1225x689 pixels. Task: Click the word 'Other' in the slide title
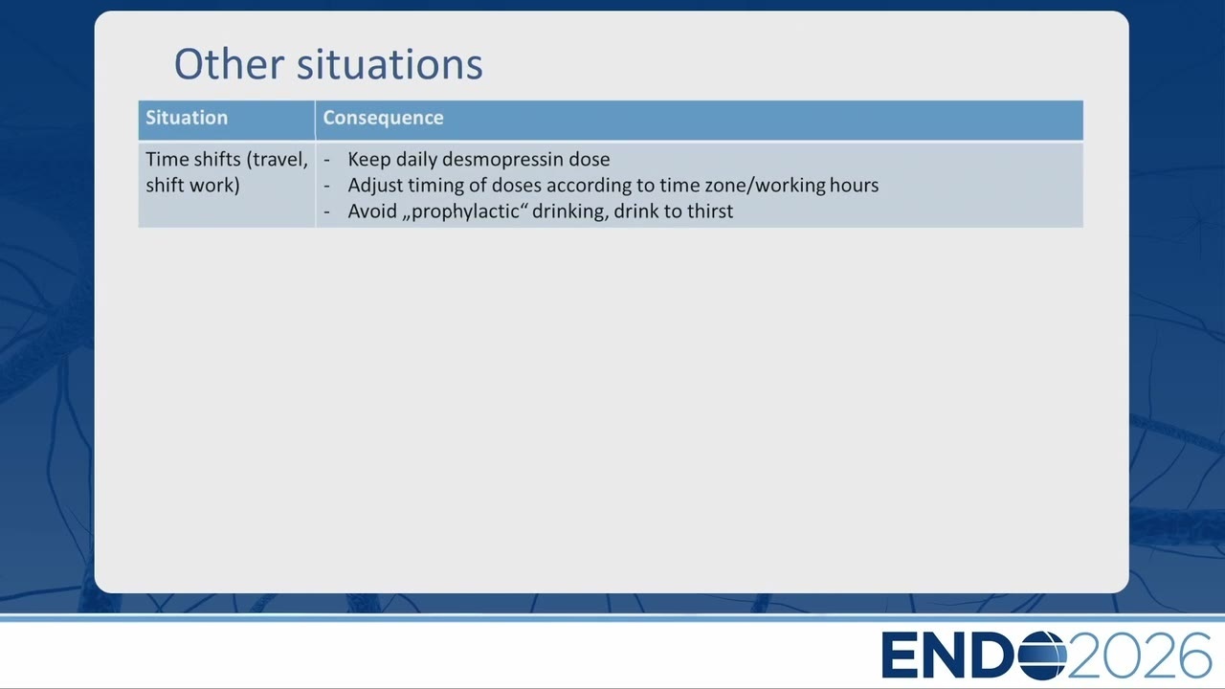click(229, 64)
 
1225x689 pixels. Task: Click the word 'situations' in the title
click(390, 64)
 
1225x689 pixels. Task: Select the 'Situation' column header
click(187, 118)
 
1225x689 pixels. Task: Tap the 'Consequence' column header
click(383, 118)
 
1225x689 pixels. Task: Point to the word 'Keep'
click(369, 159)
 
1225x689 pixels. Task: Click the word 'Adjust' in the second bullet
click(374, 186)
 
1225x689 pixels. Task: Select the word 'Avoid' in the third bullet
click(372, 211)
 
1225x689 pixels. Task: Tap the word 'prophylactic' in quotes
click(465, 211)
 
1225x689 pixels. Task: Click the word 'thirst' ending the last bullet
click(710, 211)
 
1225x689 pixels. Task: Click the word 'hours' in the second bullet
click(855, 185)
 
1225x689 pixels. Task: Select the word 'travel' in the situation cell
click(277, 160)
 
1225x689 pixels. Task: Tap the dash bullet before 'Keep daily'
click(326, 160)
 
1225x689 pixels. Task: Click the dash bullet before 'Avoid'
click(326, 212)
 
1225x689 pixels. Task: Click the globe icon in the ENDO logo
click(1042, 656)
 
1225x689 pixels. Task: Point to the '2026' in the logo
click(1139, 656)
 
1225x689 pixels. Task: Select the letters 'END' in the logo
click(948, 656)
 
